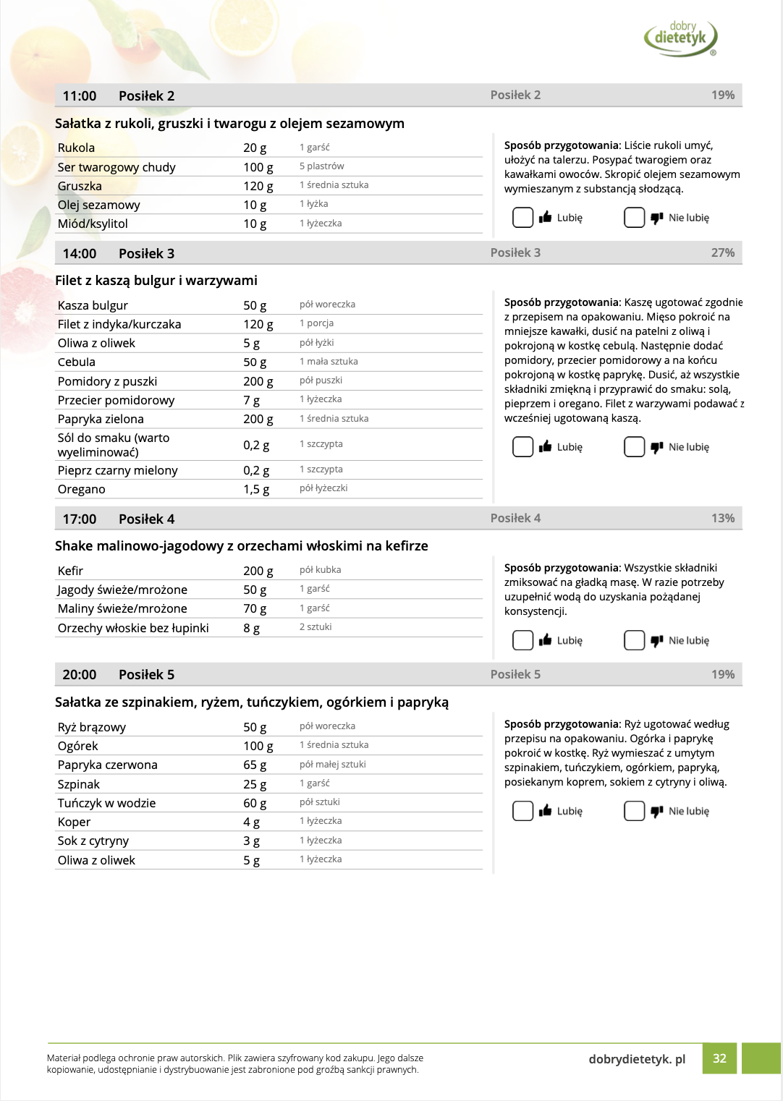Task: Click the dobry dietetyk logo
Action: [x=680, y=38]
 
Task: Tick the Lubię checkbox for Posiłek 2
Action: [x=522, y=217]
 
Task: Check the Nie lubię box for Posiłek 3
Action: [x=634, y=447]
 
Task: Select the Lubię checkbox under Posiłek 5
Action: [x=522, y=811]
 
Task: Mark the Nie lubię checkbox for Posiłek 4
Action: [x=634, y=640]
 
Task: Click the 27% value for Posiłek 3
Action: [x=722, y=252]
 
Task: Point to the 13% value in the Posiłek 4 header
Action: [x=722, y=518]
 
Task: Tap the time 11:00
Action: [x=80, y=96]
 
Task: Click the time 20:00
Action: [x=80, y=675]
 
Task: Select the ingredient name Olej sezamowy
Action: [x=99, y=205]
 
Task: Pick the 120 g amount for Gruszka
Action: [x=258, y=186]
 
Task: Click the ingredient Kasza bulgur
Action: [x=93, y=305]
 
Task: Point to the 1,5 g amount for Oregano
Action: [x=256, y=489]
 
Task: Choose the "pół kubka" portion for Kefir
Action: [x=320, y=570]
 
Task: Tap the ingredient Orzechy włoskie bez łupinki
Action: [x=133, y=628]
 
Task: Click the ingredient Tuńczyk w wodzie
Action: [x=106, y=803]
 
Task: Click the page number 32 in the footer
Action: [x=719, y=1058]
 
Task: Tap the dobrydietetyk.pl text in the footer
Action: [x=637, y=1059]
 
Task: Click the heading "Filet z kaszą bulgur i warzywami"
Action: [x=156, y=281]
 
